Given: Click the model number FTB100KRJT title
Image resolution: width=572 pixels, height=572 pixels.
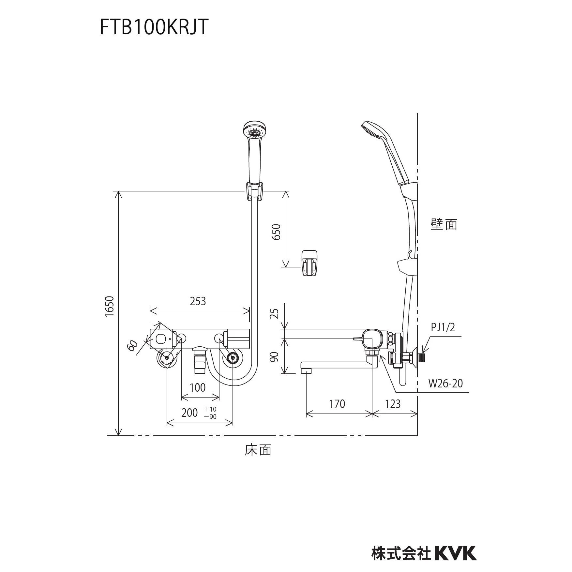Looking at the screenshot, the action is coord(154,27).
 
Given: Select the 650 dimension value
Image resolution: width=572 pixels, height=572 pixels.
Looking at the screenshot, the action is coord(276,232).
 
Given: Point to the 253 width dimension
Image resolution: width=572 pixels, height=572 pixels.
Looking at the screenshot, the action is coord(198,301).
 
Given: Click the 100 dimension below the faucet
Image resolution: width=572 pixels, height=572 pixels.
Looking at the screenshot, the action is coord(198,387).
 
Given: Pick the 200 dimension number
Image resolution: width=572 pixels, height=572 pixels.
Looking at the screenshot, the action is coord(189,413).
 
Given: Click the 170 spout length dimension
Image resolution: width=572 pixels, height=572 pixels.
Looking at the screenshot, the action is coord(337,404).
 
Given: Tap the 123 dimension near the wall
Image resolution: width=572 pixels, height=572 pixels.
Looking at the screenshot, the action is coord(393,404).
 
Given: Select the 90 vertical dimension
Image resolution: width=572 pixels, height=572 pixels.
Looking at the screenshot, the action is coord(276,356).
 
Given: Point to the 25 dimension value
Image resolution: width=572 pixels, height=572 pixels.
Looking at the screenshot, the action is coord(276,313).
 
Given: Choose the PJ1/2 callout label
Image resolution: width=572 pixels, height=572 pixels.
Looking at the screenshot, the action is coord(443,327).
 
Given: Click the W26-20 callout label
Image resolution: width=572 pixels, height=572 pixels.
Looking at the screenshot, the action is coord(445,383).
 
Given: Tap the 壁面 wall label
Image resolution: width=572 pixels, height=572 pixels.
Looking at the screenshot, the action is coord(444,224).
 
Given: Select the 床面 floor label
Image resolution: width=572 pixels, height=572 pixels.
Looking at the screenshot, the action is coord(258,450).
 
